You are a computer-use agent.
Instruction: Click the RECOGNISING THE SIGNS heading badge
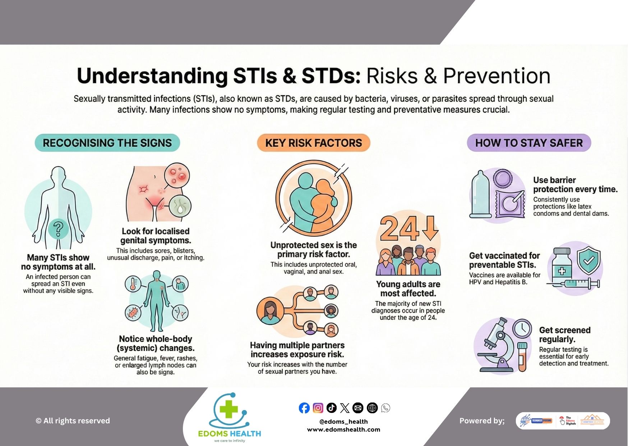pyautogui.click(x=107, y=143)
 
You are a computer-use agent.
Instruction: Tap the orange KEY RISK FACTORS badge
pyautogui.click(x=313, y=143)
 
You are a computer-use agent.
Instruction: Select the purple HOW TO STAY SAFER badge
pyautogui.click(x=528, y=143)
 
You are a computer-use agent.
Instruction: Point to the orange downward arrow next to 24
pyautogui.click(x=430, y=228)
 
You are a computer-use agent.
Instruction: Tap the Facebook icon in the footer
pyautogui.click(x=304, y=408)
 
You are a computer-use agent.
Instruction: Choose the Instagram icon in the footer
pyautogui.click(x=318, y=408)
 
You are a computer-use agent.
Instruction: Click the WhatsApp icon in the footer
pyautogui.click(x=385, y=408)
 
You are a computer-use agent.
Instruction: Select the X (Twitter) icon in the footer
pyautogui.click(x=345, y=408)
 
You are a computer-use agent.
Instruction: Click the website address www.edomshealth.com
pyautogui.click(x=343, y=429)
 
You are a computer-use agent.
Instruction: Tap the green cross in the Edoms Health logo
pyautogui.click(x=229, y=409)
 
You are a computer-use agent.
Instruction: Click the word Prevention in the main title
pyautogui.click(x=497, y=76)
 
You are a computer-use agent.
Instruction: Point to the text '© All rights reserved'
pyautogui.click(x=73, y=421)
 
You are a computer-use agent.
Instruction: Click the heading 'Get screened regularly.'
pyautogui.click(x=564, y=334)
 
